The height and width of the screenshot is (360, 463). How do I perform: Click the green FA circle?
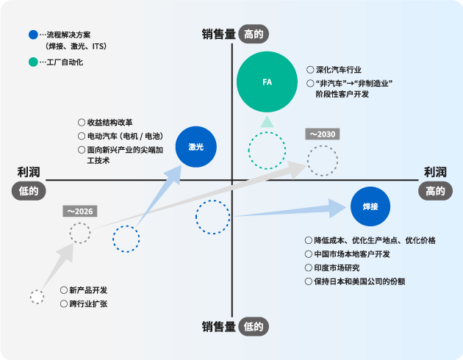267,81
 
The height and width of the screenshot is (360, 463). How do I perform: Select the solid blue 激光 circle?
196,147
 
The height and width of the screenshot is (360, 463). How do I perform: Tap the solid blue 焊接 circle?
370,207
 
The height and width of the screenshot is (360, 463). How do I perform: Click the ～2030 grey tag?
322,134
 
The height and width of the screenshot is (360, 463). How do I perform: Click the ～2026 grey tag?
80,211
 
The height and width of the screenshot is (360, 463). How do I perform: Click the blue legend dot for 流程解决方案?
32,35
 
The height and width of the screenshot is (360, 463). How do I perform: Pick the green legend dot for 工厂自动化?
32,62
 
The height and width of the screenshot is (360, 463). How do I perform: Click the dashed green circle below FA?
267,151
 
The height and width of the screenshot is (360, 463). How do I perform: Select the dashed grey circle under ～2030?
322,160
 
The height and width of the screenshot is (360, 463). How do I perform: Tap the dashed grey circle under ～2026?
80,233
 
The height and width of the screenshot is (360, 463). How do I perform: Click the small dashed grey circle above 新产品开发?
37,296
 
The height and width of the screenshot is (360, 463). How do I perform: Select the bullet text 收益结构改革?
110,123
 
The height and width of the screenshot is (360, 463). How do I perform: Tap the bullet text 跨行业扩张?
88,303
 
